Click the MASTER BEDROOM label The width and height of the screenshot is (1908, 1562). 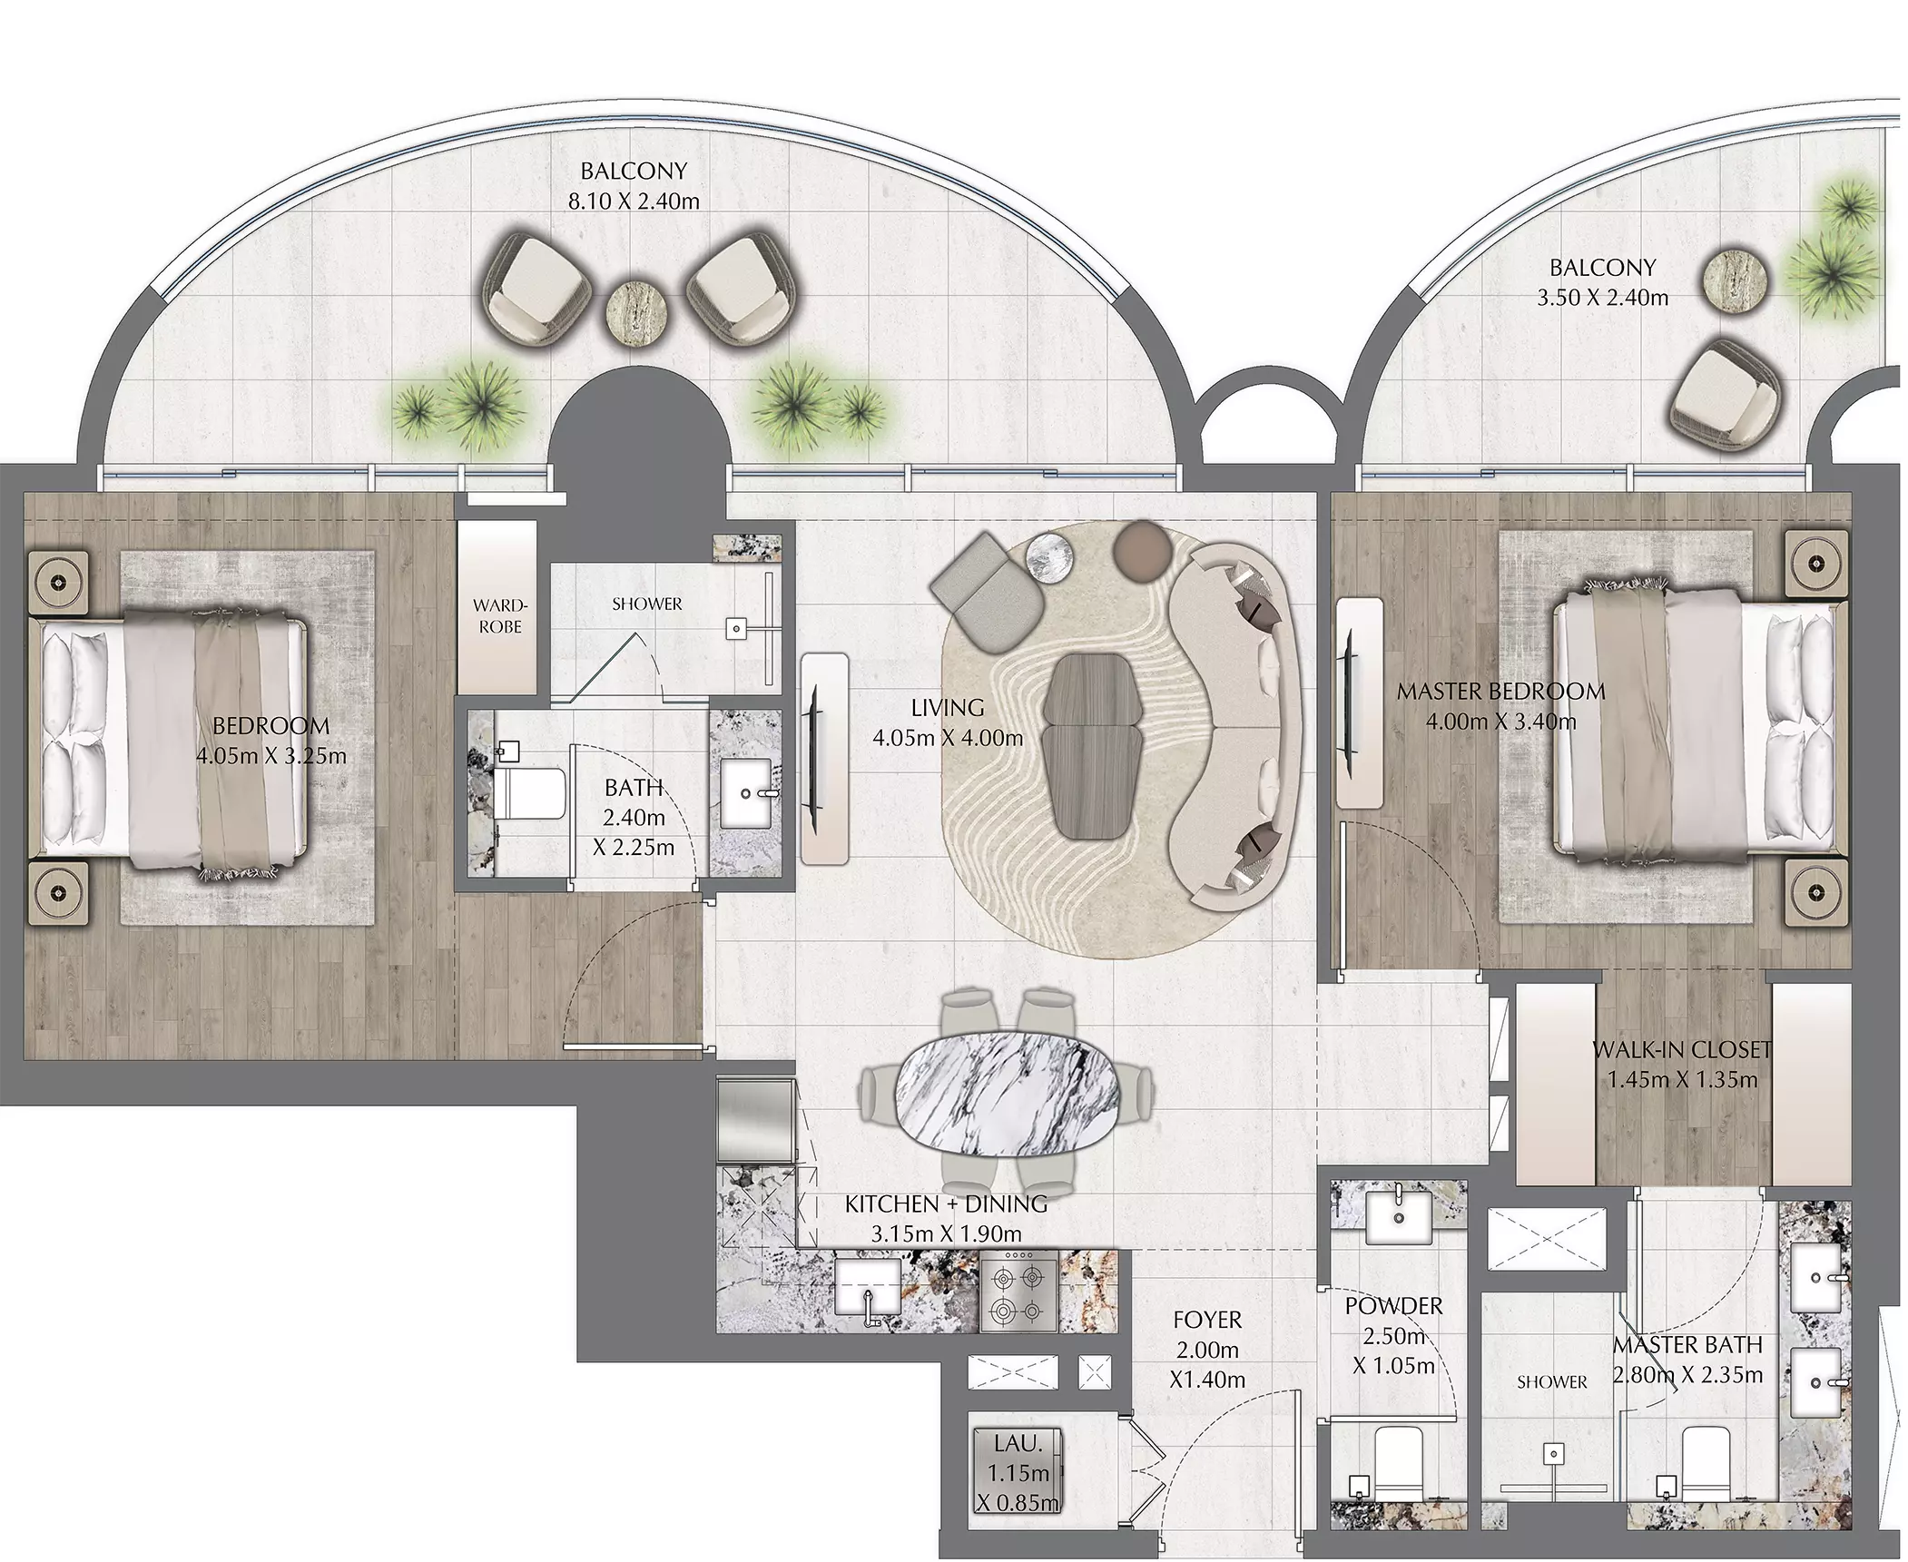coord(1500,692)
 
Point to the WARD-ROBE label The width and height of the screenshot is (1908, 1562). coord(499,616)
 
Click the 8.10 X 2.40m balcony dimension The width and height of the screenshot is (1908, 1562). coord(634,201)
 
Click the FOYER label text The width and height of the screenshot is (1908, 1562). coord(1207,1319)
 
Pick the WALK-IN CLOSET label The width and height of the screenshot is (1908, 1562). coord(1682,1050)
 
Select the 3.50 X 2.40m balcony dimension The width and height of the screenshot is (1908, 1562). coord(1602,298)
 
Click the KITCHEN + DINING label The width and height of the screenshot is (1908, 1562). coord(946,1204)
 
